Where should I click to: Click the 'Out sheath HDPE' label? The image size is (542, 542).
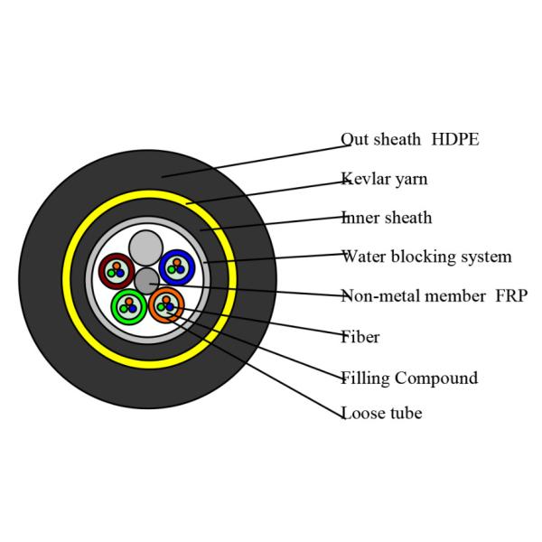pos(409,140)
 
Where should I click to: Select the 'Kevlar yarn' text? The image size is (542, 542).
pos(384,179)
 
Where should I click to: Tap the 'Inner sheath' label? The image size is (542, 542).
pos(387,218)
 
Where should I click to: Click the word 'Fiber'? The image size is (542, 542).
pos(360,337)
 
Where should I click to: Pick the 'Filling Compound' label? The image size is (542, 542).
pos(408,378)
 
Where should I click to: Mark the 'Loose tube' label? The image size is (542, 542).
pos(381,415)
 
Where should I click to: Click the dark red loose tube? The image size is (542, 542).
pos(116,268)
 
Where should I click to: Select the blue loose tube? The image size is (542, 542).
pos(176,267)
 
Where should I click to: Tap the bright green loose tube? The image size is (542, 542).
pos(128,306)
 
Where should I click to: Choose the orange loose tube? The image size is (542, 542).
pos(166,303)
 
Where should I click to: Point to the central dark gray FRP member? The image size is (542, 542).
pos(146,280)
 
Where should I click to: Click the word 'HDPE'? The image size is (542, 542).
pos(454,140)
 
